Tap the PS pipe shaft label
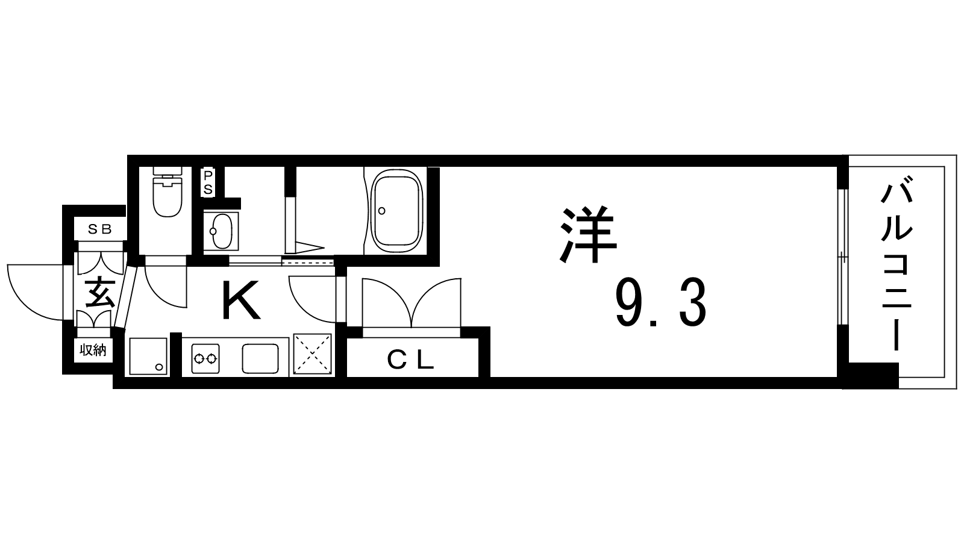208,183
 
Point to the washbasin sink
222,231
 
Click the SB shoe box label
100,229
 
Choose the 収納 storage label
93,350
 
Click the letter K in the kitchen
241,299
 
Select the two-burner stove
205,358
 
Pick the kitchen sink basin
260,358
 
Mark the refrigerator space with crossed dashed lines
313,354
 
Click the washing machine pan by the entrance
148,357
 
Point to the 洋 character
588,234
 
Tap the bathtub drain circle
381,211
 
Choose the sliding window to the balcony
843,257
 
